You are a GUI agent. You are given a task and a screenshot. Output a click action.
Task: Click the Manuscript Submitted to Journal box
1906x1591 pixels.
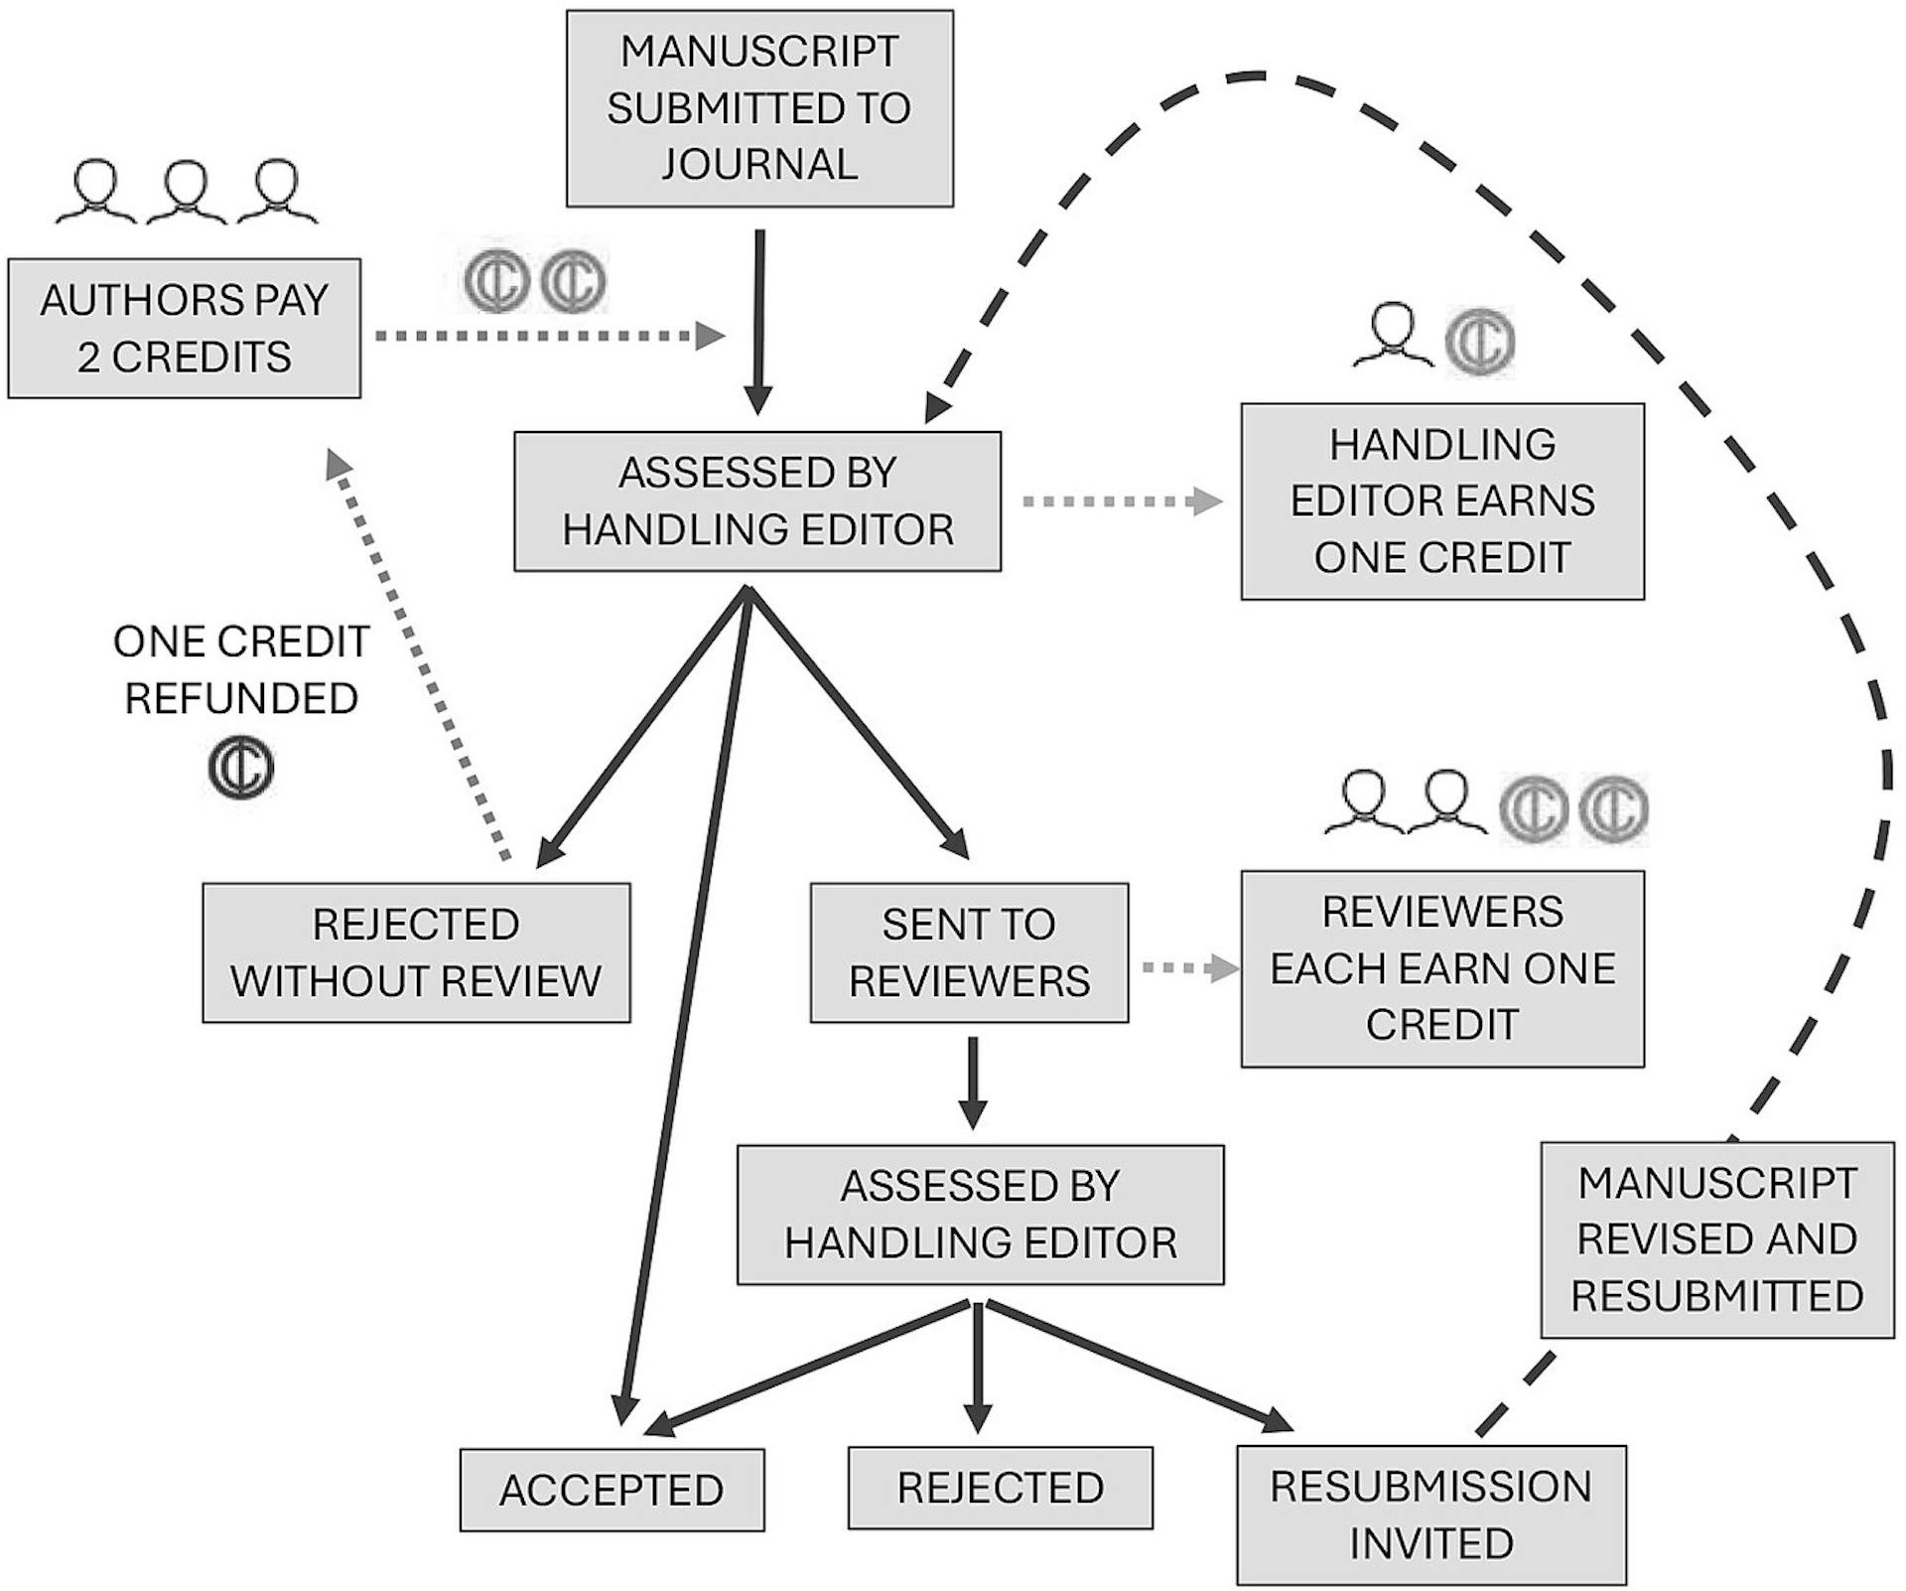click(x=759, y=108)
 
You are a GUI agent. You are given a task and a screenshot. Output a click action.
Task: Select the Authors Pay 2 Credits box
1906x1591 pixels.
click(x=185, y=329)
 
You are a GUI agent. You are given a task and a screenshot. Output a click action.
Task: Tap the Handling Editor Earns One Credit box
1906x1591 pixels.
click(x=1442, y=501)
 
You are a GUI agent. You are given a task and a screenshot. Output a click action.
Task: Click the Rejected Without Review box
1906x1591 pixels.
click(x=416, y=952)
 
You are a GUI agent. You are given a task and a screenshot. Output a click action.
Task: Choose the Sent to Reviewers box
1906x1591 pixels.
click(x=969, y=952)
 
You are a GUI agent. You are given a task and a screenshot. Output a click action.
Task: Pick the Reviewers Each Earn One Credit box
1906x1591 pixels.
click(x=1442, y=968)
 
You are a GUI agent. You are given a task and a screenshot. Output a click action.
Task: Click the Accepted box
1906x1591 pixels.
click(x=612, y=1490)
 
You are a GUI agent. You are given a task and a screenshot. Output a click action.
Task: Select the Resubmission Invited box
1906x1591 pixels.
click(x=1431, y=1515)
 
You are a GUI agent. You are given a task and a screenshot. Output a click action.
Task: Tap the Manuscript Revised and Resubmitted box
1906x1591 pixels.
click(x=1717, y=1239)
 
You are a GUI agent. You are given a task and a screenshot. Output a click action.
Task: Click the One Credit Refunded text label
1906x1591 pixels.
click(x=241, y=669)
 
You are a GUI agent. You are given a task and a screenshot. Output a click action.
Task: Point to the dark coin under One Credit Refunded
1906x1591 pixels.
click(x=241, y=768)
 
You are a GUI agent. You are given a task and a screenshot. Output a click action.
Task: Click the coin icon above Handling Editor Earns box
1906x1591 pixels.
click(x=1479, y=341)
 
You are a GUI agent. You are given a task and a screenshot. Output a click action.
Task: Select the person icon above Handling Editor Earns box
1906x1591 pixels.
click(x=1393, y=334)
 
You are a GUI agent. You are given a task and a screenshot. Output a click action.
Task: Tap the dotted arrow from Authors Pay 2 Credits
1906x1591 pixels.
click(x=550, y=337)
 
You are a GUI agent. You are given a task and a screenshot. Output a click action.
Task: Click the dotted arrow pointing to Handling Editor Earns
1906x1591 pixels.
click(x=1123, y=502)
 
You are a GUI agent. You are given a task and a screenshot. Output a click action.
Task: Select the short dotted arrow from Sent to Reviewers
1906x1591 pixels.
click(x=1191, y=967)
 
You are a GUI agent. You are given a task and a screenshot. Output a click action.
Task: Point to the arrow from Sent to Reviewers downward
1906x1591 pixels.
click(x=973, y=1084)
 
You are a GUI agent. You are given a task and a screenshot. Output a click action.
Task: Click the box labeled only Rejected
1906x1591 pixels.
click(x=1001, y=1488)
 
